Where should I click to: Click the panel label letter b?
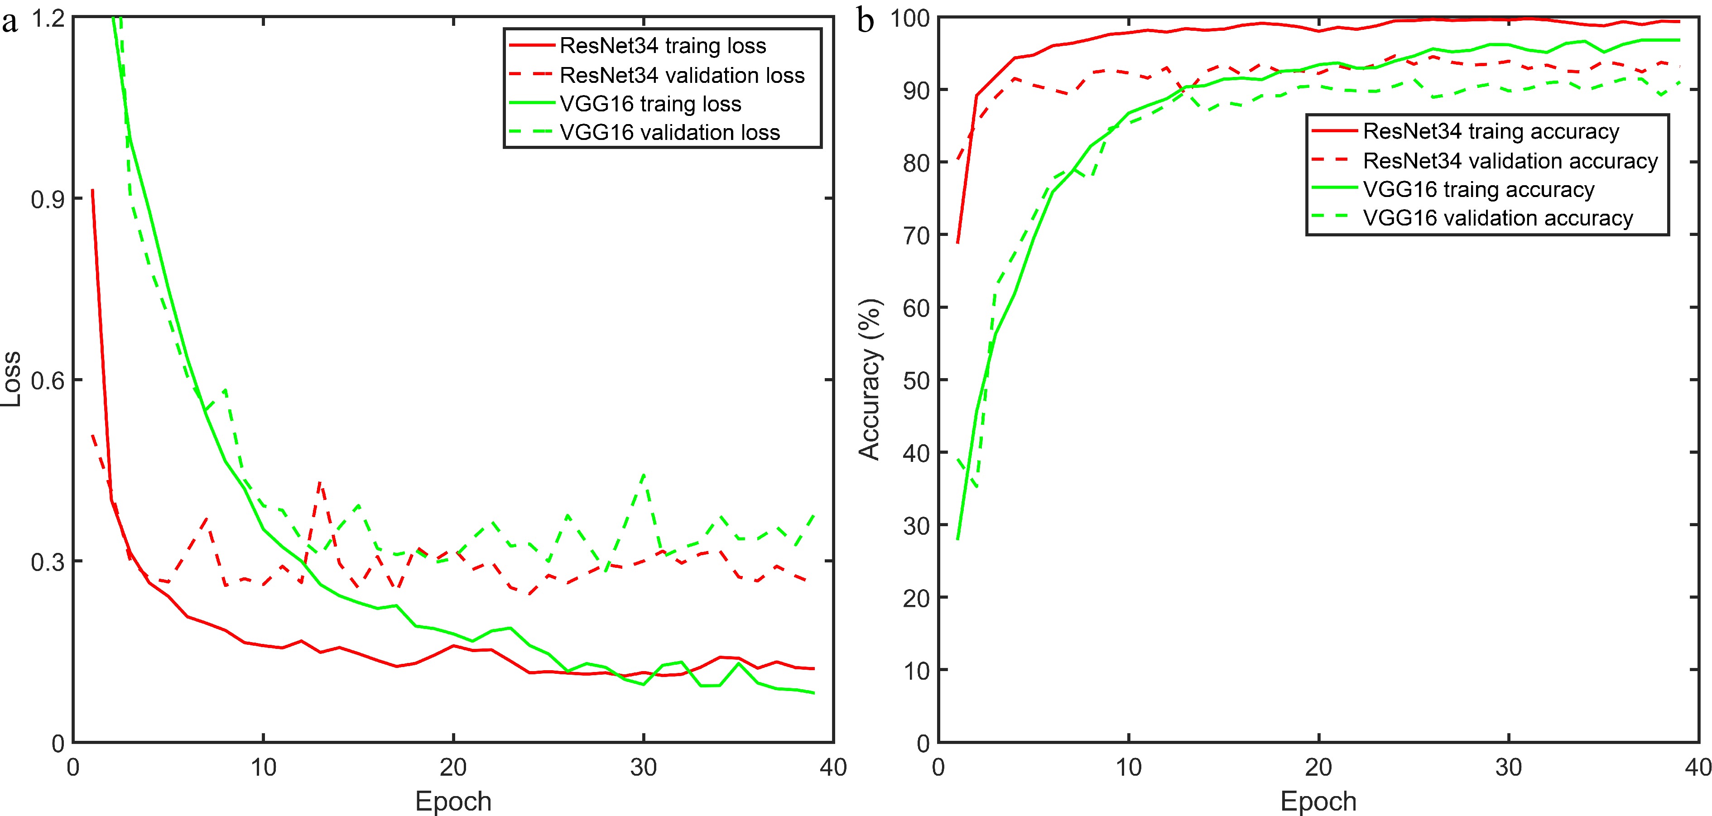click(x=866, y=22)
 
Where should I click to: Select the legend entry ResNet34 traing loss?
click(x=663, y=46)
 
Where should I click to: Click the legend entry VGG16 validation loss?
click(x=669, y=132)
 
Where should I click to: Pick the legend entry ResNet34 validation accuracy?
click(x=1510, y=161)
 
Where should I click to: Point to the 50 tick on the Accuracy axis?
click(x=916, y=380)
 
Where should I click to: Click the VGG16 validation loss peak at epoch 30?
click(x=643, y=475)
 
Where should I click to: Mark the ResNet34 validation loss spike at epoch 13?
click(x=320, y=484)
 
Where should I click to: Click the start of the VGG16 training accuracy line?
click(x=958, y=538)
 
